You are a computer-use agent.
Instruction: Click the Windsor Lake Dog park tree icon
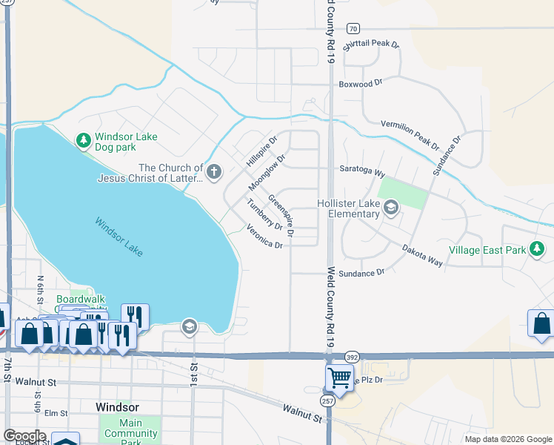coord(84,139)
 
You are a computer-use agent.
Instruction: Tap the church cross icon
coord(214,173)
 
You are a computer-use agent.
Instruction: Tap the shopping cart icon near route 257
coord(339,377)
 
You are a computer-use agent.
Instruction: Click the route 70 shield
coord(353,28)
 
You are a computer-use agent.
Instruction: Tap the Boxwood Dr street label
coord(361,84)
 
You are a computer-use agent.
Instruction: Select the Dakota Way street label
coord(423,256)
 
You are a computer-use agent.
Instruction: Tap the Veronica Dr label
coord(265,237)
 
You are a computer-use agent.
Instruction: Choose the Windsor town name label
coord(117,407)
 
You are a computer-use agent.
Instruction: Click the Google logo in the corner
coord(24,436)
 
